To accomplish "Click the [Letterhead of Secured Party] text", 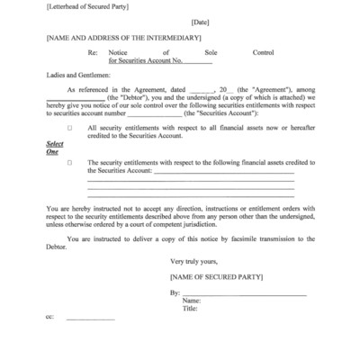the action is click(85, 7).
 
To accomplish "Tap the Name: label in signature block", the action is click(191, 301).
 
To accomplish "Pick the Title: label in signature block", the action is click(190, 310).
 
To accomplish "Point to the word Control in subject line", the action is click(264, 54).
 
